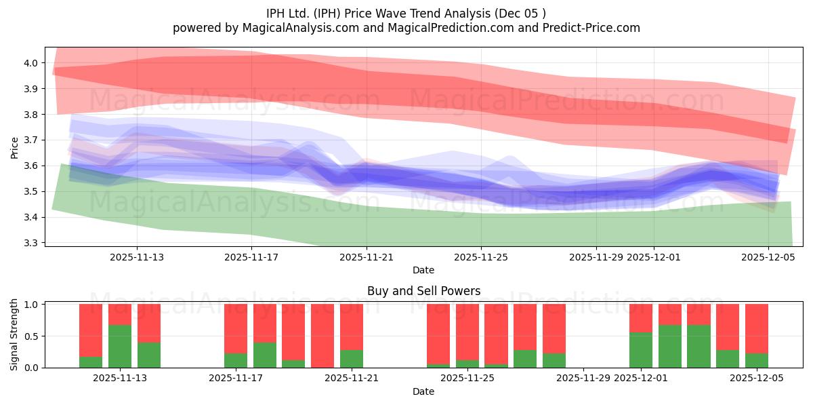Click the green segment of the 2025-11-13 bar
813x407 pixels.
point(149,355)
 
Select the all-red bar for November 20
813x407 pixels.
point(322,336)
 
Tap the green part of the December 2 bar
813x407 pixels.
point(670,346)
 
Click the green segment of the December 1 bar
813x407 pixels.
point(641,350)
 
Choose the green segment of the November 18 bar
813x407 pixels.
point(265,355)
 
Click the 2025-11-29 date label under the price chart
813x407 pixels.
point(596,257)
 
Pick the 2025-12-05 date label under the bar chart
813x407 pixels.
point(756,379)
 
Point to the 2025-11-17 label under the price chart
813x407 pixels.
point(251,257)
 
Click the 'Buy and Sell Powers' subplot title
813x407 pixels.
point(423,291)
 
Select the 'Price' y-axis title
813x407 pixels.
point(15,147)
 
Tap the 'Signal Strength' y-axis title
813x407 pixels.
point(15,334)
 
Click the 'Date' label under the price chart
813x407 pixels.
point(423,270)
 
